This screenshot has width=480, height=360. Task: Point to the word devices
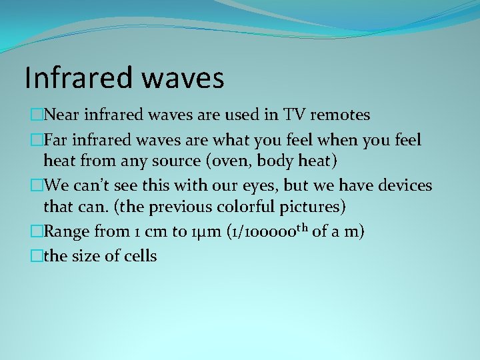401,185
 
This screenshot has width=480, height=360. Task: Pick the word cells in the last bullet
139,255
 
